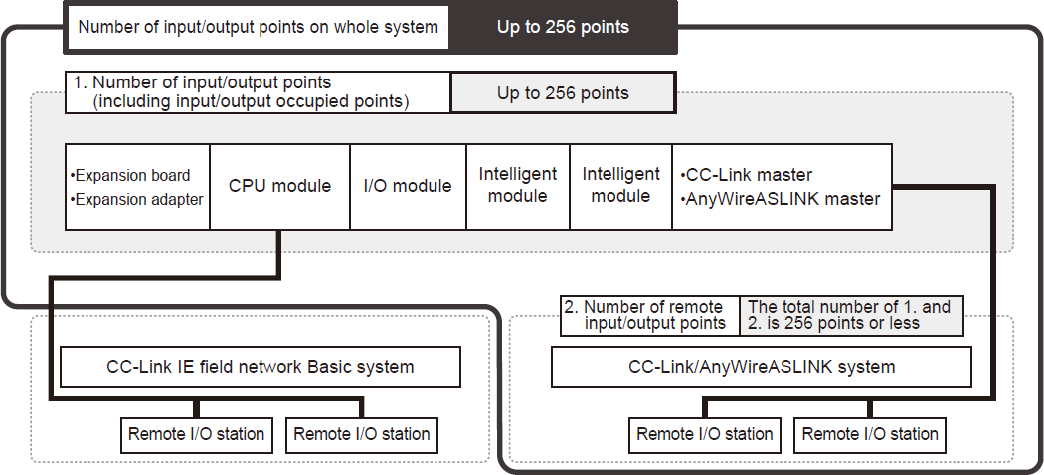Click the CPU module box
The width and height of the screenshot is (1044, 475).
pos(279,186)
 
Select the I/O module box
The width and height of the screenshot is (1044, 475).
pos(408,186)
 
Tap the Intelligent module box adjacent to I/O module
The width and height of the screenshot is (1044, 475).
pos(518,186)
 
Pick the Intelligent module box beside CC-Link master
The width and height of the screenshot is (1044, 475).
pos(621,186)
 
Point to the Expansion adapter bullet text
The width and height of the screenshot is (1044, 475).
pos(136,199)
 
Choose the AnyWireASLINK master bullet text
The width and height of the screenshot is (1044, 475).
pos(781,199)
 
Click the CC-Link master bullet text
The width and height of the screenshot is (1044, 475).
pos(747,175)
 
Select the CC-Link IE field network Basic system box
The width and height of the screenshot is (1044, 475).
pos(261,367)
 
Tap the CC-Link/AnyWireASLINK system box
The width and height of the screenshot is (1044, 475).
pos(762,367)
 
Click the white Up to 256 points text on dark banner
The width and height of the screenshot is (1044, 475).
pos(564,27)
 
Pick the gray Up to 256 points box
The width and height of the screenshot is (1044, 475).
pos(564,93)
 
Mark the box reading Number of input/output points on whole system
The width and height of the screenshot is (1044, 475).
pos(259,27)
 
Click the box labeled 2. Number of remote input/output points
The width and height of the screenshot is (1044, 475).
pos(650,315)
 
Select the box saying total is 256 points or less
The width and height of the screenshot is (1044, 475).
pos(851,315)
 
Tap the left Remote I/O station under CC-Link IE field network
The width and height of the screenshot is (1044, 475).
pos(197,435)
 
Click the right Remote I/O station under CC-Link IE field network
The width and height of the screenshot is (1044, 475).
pos(362,435)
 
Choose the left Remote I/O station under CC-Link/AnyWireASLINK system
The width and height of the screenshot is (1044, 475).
pos(704,435)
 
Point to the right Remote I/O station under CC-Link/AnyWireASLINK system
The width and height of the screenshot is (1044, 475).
pos(870,435)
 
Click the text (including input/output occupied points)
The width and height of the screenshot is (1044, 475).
pos(251,101)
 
